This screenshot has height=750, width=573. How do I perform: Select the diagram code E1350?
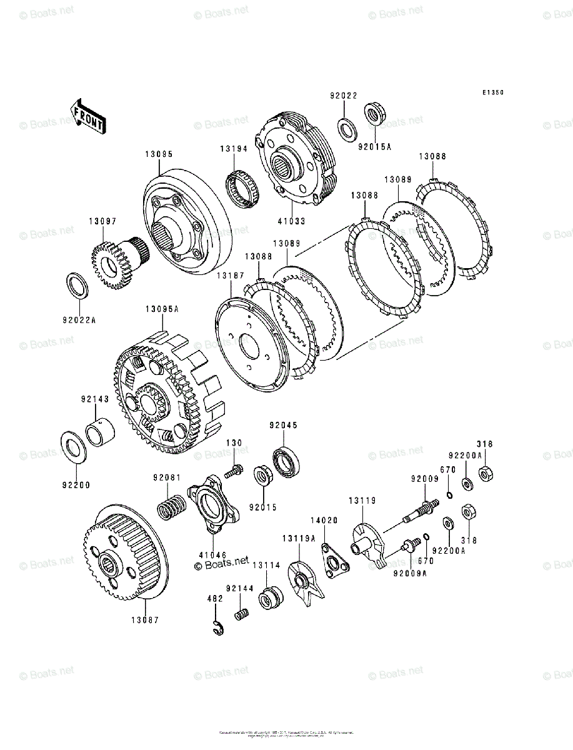(x=492, y=92)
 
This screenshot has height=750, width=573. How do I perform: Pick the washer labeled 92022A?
(x=76, y=284)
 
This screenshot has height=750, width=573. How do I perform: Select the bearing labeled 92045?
(x=287, y=463)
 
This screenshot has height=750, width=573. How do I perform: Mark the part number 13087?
(x=145, y=620)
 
